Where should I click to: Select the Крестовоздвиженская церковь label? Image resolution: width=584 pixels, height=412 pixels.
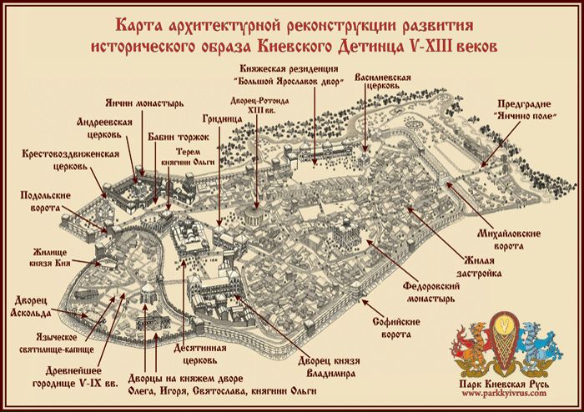pos(71,160)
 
